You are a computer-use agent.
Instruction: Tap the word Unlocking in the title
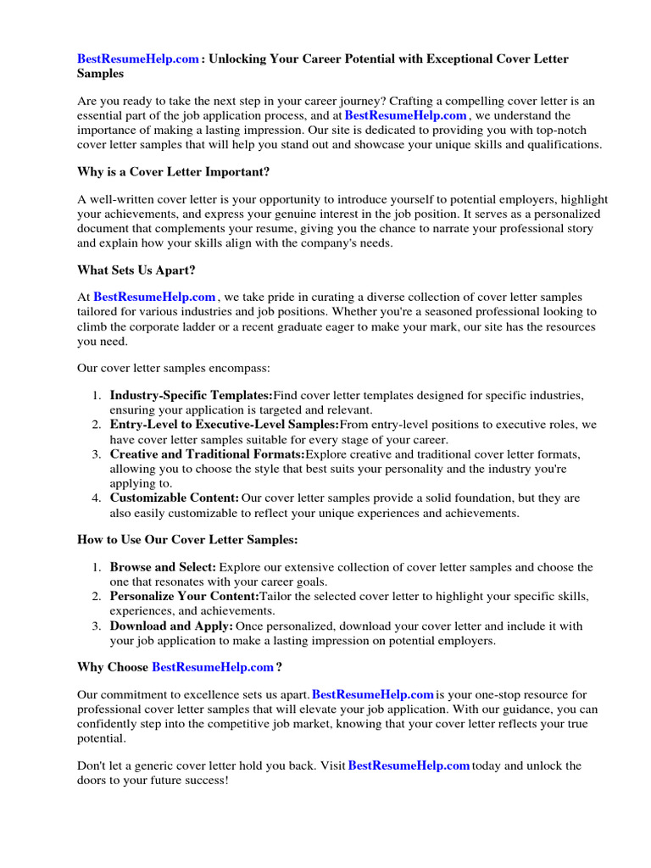243,58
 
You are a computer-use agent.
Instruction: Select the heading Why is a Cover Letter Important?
173,172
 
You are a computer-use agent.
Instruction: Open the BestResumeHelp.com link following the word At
154,297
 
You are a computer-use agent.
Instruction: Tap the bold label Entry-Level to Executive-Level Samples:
225,425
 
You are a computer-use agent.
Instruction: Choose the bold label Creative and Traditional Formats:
208,454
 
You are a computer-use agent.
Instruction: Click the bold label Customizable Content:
175,498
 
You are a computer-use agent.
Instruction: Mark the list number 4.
96,498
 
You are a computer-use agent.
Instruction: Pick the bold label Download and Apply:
171,626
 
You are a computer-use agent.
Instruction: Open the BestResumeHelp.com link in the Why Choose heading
213,667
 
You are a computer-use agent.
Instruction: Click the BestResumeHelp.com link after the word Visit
409,765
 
